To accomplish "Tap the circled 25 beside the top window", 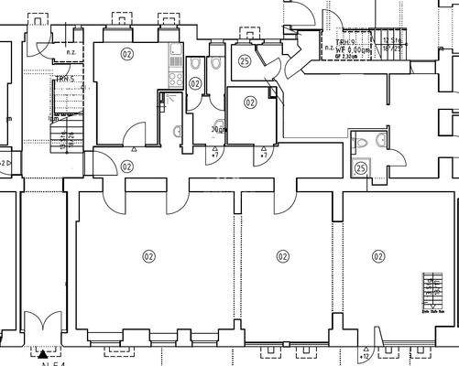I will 244,61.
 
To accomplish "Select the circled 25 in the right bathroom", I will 361,168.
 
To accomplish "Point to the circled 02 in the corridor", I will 126,167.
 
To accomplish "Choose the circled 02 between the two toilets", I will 195,83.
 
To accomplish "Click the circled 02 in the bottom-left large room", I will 148,256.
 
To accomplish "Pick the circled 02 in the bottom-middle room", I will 283,256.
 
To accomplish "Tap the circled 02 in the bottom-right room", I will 377,256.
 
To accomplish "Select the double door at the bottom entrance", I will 42,327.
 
